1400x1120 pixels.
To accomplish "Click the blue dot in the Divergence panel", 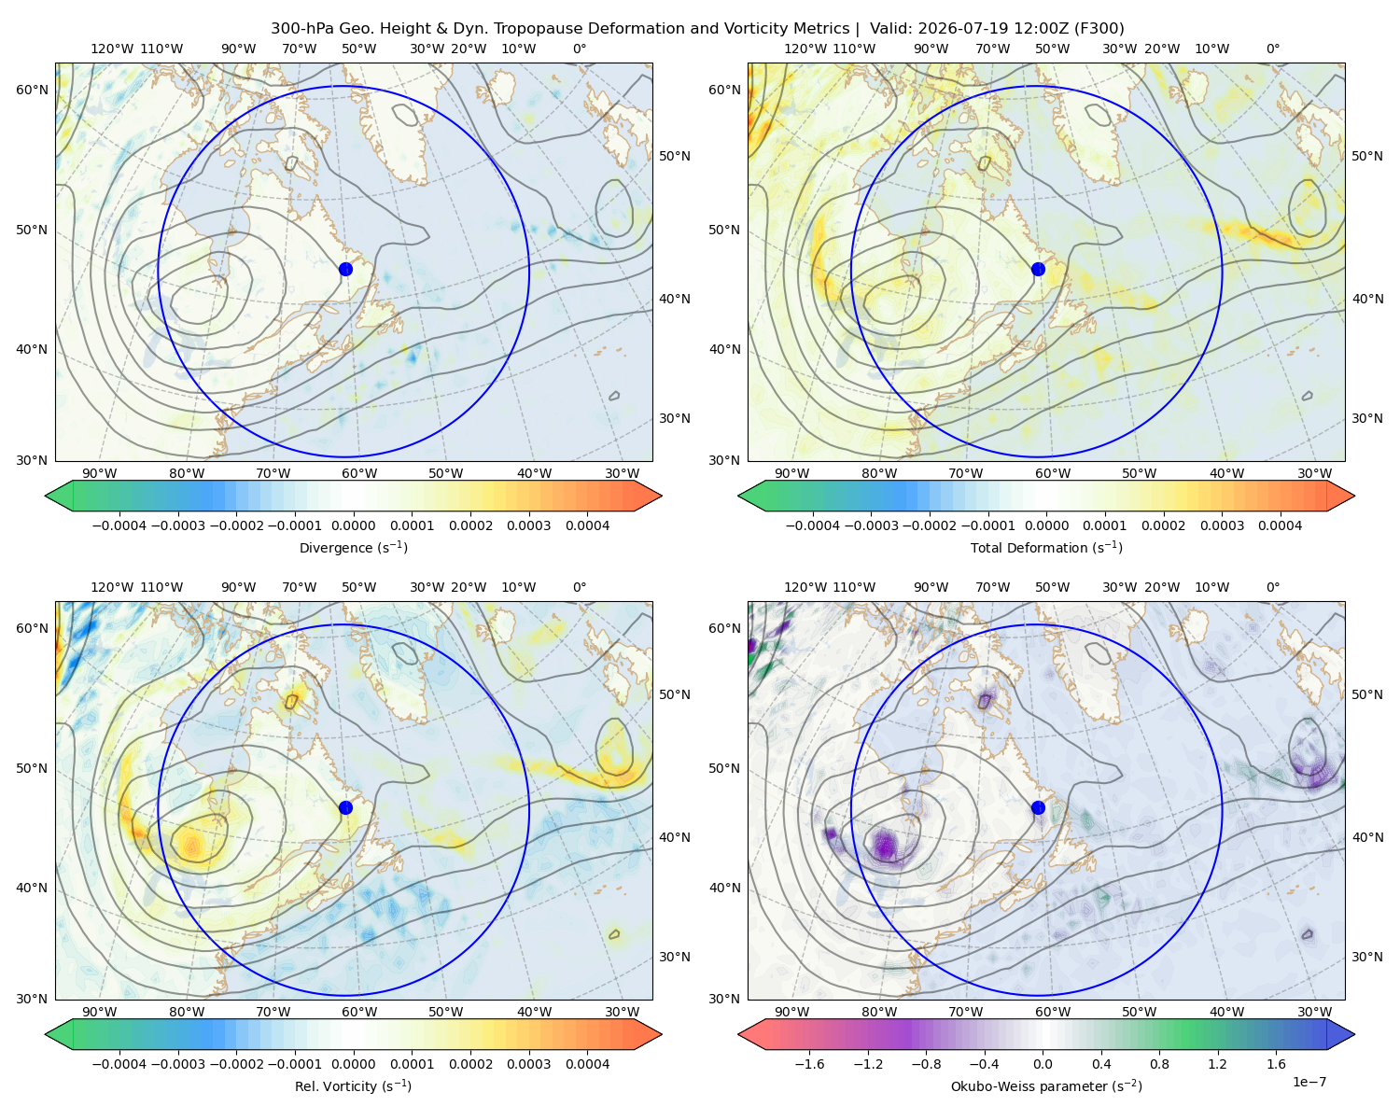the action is pyautogui.click(x=345, y=269).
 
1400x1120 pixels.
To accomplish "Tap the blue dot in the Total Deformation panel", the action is pyautogui.click(x=1038, y=269).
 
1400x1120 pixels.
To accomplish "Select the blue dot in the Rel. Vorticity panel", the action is pyautogui.click(x=345, y=807).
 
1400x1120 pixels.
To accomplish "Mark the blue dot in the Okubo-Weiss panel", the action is pyautogui.click(x=1038, y=807).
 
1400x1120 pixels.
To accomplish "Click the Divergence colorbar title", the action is pyautogui.click(x=353, y=547).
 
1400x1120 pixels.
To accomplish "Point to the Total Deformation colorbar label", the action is pyautogui.click(x=1046, y=547).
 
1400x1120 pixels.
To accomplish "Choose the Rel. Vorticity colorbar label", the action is pyautogui.click(x=353, y=1085).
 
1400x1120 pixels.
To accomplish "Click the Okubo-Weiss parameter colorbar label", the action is pyautogui.click(x=1046, y=1085).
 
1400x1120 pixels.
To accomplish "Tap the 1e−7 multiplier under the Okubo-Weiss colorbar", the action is pyautogui.click(x=1309, y=1082).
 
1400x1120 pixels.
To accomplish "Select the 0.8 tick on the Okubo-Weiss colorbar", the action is pyautogui.click(x=1159, y=1063).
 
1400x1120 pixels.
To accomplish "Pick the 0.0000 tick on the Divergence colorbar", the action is pyautogui.click(x=353, y=525).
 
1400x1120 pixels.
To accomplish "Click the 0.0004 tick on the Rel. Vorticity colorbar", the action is pyautogui.click(x=587, y=1063).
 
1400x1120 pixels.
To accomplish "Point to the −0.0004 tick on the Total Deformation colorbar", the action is pyautogui.click(x=812, y=525).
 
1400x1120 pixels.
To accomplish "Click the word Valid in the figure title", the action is pyautogui.click(x=888, y=29).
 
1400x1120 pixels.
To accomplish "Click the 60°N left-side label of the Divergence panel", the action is pyautogui.click(x=32, y=90).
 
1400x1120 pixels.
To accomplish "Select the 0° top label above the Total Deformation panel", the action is pyautogui.click(x=1273, y=49).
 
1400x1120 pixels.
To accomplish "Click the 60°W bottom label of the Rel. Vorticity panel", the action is pyautogui.click(x=359, y=1012).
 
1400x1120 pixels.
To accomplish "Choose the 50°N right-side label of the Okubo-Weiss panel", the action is pyautogui.click(x=1366, y=694).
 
